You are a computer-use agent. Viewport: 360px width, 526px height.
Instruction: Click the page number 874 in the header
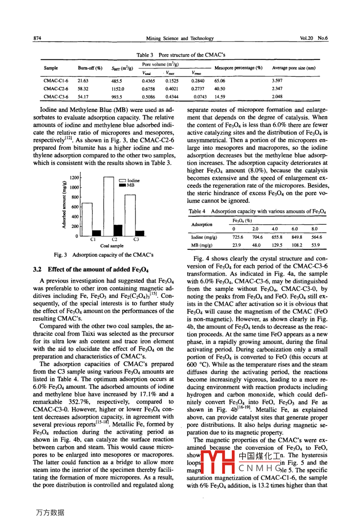pos(37,39)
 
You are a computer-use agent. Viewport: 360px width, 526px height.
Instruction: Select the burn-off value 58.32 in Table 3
pos(83,89)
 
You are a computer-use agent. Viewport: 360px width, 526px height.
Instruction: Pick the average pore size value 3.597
pos(277,80)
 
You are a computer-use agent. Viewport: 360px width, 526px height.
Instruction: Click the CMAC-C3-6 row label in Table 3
pos(56,97)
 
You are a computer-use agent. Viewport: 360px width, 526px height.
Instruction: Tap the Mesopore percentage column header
pos(238,68)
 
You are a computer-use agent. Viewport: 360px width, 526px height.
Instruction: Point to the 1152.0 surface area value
pos(118,89)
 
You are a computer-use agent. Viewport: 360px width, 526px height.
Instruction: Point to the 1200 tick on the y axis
pos(74,178)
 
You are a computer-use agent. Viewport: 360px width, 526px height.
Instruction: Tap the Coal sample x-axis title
pos(112,246)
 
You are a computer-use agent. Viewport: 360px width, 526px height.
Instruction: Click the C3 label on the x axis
pos(136,239)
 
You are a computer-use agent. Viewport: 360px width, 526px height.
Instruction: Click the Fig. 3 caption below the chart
pos(104,255)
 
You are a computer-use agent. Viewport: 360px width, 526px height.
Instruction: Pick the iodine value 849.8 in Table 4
pos(297,237)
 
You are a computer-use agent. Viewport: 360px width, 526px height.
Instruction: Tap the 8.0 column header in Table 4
pos(315,229)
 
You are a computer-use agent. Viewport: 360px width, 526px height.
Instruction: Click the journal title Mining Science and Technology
pos(180,39)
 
